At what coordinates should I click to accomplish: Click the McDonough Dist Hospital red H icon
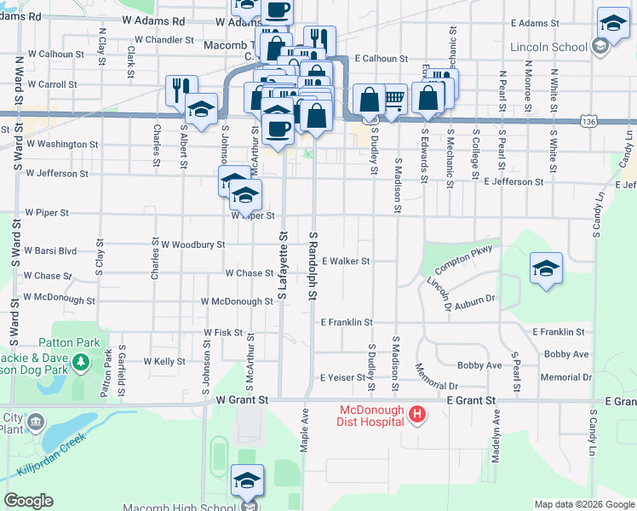pyautogui.click(x=417, y=415)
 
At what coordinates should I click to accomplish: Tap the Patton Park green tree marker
pyautogui.click(x=81, y=363)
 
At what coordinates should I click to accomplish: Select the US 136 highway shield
pyautogui.click(x=588, y=123)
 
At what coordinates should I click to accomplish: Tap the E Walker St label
pyautogui.click(x=346, y=261)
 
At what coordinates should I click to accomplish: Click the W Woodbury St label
pyautogui.click(x=192, y=244)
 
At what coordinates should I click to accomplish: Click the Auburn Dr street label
pyautogui.click(x=475, y=299)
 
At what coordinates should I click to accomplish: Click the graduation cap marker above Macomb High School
pyautogui.click(x=247, y=479)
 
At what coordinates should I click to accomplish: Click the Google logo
pyautogui.click(x=28, y=501)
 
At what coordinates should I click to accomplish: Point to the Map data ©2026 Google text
pyautogui.click(x=583, y=504)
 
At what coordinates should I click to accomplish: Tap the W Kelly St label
pyautogui.click(x=165, y=362)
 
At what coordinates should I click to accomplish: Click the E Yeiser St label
pyautogui.click(x=342, y=377)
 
